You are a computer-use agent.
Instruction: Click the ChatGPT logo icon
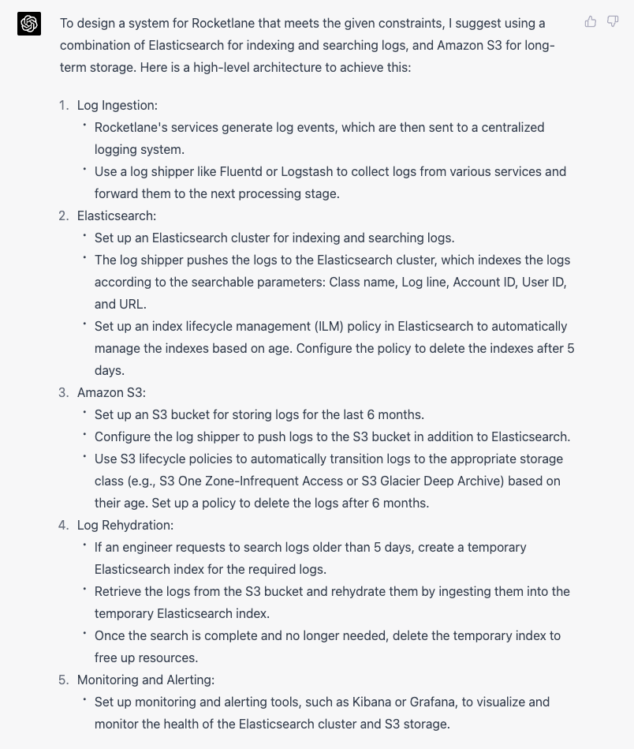pyautogui.click(x=29, y=24)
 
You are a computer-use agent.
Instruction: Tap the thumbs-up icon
pyautogui.click(x=591, y=22)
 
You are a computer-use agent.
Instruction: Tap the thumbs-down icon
pyautogui.click(x=613, y=22)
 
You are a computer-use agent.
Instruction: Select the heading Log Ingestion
pyautogui.click(x=117, y=105)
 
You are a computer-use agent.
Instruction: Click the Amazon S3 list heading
pyautogui.click(x=111, y=392)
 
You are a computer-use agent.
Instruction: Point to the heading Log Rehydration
pyautogui.click(x=125, y=525)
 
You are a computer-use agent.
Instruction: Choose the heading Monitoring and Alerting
pyautogui.click(x=146, y=680)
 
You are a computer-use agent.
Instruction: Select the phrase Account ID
pyautogui.click(x=483, y=282)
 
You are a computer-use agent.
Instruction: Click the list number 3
pyautogui.click(x=63, y=392)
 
